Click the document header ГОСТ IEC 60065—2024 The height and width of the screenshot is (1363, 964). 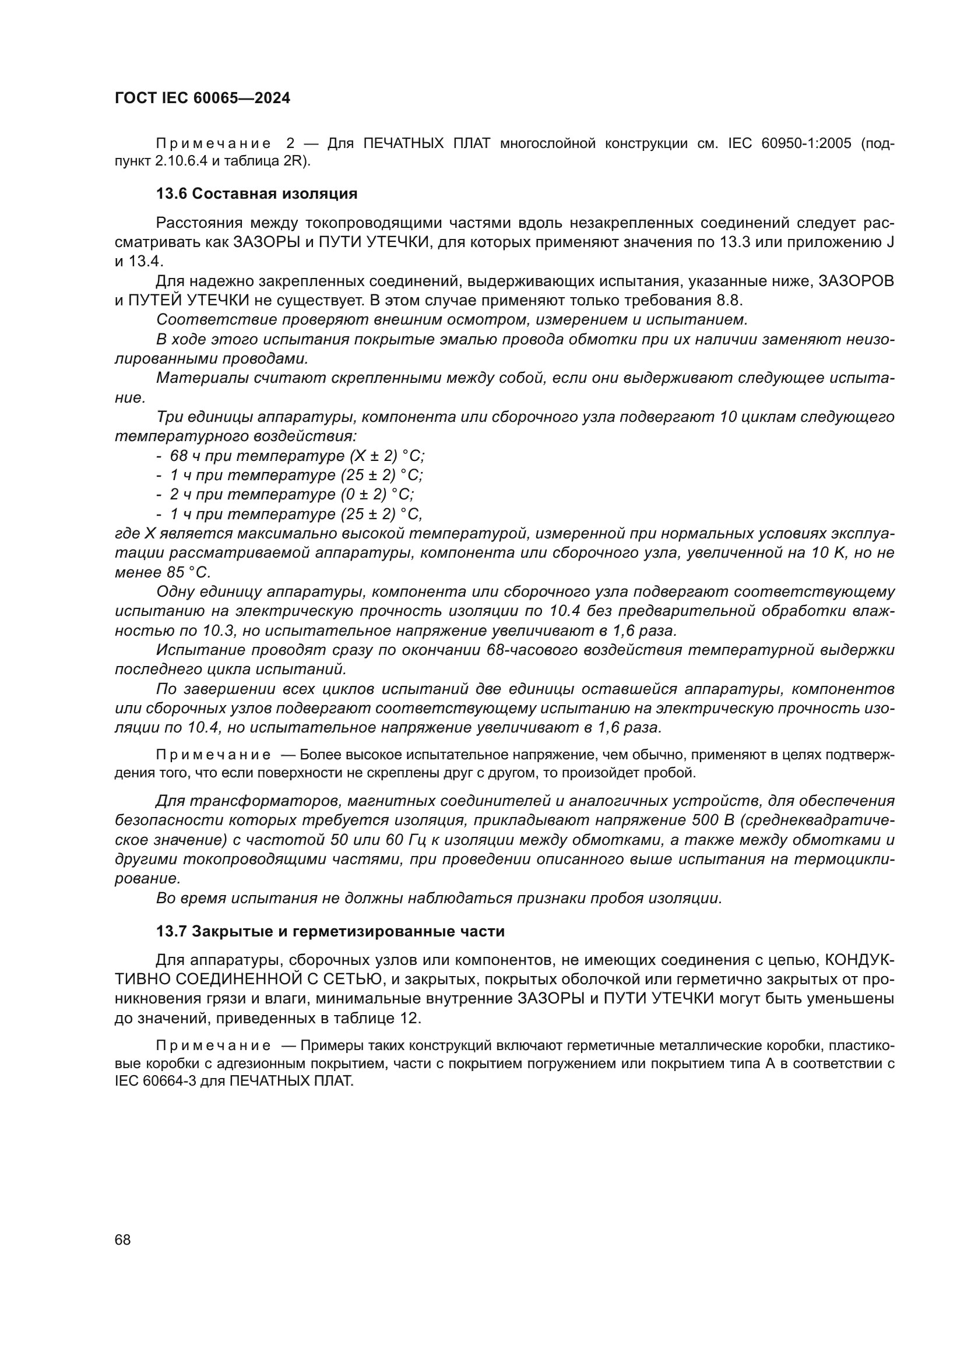pyautogui.click(x=202, y=98)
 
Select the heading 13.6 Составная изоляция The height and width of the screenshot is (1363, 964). pyautogui.click(x=256, y=193)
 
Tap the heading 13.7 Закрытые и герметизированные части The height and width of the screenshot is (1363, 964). pyautogui.click(x=330, y=931)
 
